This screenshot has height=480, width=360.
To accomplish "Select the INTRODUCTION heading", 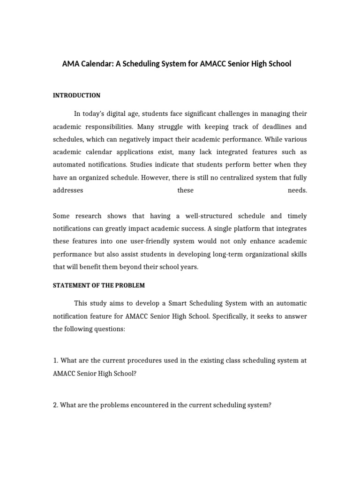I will (x=76, y=96).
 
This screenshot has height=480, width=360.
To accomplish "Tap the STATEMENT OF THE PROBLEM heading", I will (x=99, y=285).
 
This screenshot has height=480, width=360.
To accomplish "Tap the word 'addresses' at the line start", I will (x=68, y=190).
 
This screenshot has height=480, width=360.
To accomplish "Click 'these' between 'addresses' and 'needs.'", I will (x=186, y=190).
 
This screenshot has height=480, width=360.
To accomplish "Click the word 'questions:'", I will (x=110, y=329).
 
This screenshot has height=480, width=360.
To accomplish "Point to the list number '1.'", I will (x=55, y=361).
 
